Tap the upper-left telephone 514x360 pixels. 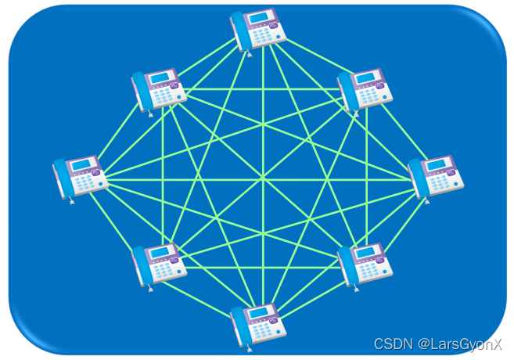point(159,89)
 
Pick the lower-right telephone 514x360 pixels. point(365,265)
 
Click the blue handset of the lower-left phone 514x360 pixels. point(141,265)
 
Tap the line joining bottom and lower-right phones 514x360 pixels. point(313,295)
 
